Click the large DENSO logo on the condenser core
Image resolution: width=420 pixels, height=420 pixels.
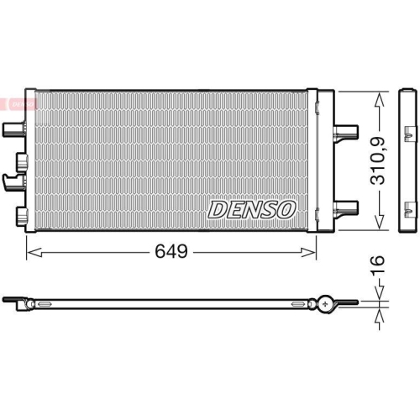(x=251, y=207)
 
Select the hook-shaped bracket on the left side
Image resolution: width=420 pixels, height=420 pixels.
(x=13, y=178)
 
